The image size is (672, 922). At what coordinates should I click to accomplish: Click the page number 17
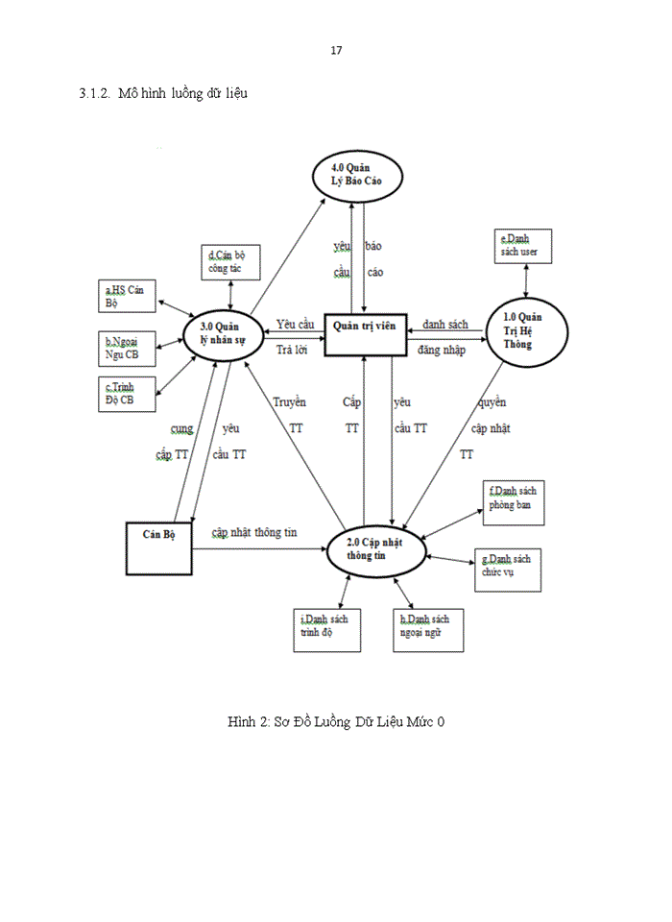336,50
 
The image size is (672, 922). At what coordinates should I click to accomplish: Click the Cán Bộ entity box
159,548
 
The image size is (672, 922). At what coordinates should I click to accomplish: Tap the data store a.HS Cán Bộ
129,297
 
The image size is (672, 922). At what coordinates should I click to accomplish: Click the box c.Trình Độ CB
129,393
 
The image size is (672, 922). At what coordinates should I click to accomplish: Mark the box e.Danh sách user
523,245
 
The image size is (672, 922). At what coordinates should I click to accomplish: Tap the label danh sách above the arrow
445,325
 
